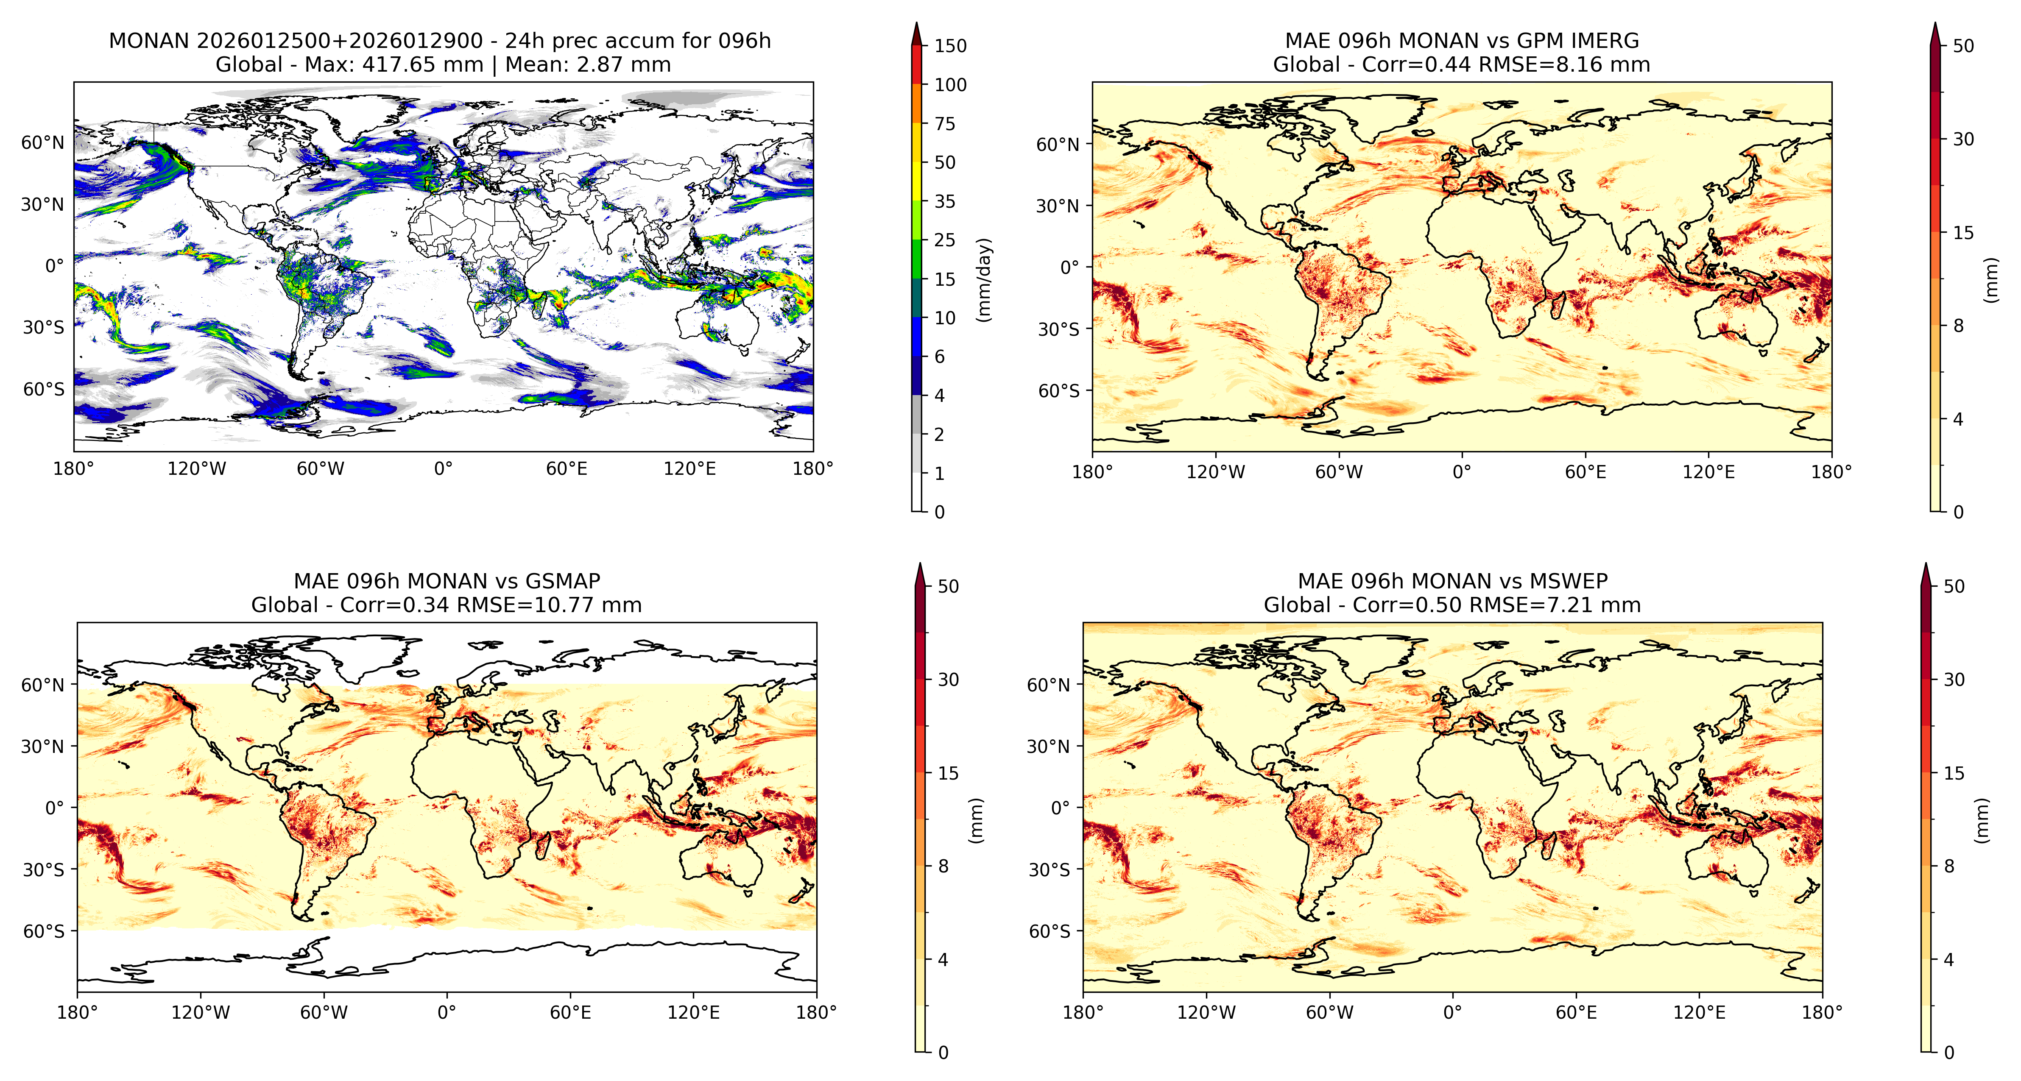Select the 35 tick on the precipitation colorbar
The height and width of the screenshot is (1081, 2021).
(945, 202)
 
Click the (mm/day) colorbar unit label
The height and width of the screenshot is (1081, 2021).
(984, 279)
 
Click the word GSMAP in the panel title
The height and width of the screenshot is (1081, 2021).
(563, 581)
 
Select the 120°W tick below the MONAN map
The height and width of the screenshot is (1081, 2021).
(197, 469)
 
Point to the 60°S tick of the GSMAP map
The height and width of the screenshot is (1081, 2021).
(44, 931)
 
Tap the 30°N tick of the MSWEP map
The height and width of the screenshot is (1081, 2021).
(1048, 746)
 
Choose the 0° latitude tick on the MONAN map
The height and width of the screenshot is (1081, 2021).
(54, 266)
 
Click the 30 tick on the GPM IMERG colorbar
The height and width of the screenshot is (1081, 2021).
(1963, 139)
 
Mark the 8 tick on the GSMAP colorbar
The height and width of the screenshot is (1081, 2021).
(943, 866)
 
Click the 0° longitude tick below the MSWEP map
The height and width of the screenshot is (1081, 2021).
(1453, 1013)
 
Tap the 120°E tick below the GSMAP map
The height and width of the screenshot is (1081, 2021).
(694, 1013)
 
